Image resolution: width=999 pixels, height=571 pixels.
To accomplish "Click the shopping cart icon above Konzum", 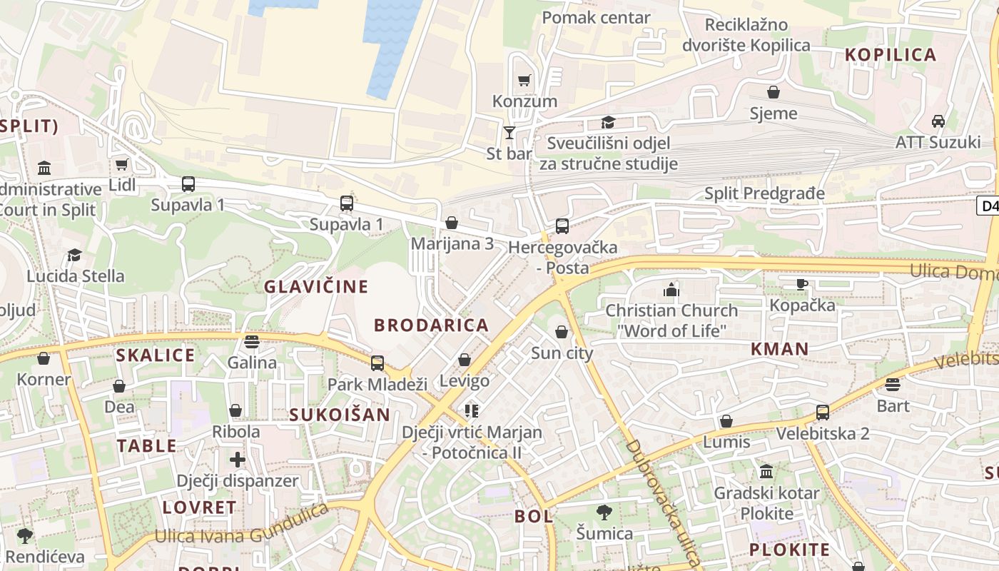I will pos(524,81).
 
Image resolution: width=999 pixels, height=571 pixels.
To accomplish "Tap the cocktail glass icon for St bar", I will pos(509,133).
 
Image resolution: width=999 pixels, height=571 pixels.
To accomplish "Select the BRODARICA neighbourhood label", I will pos(432,325).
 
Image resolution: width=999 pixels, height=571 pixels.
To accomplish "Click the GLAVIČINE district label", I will pos(316,287).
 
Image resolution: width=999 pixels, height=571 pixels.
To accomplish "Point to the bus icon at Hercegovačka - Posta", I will pos(562,226).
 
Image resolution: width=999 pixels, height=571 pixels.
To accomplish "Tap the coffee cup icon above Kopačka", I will pos(802,284).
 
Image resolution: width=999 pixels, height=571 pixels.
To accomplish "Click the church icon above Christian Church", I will pos(671,290).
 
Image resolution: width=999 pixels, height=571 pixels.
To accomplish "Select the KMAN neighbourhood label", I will pos(779,349).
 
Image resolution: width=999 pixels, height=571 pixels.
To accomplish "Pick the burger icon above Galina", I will pos(251,342).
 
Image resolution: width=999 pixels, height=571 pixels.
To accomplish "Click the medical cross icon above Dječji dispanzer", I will pos(238,460).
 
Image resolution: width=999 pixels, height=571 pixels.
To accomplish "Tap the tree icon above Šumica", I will pos(604,512).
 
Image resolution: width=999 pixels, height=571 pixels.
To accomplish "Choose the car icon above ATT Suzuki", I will pos(938,121).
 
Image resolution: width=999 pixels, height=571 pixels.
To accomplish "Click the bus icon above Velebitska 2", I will pos(823,412).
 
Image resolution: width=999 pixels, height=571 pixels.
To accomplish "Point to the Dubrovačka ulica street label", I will pos(663,503).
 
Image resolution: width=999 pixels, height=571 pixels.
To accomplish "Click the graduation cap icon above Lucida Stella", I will pos(75,256).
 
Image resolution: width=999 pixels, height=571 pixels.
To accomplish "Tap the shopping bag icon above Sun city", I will pos(562,332).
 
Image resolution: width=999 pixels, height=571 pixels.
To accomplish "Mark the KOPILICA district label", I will pos(890,55).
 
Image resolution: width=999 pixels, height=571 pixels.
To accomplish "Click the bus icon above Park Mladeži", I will pos(377,363).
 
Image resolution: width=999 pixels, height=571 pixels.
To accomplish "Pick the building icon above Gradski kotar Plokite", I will pos(766,472).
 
